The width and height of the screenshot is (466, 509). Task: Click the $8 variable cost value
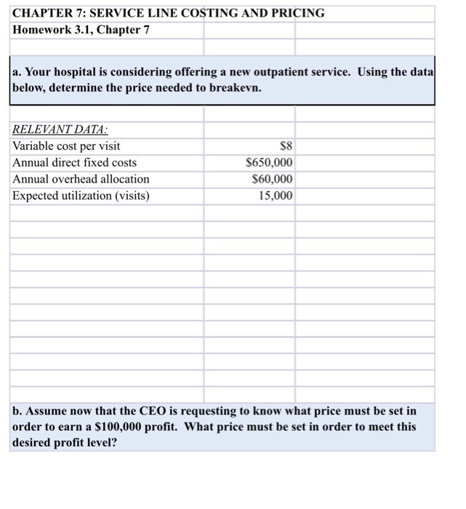pos(286,146)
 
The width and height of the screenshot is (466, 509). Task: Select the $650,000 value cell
pos(269,163)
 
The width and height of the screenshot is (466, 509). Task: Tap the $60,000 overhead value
pos(272,179)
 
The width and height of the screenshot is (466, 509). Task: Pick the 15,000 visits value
pos(276,196)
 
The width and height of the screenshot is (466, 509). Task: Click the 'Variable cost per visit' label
pos(67,146)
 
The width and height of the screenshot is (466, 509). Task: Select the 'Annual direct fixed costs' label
pos(75,163)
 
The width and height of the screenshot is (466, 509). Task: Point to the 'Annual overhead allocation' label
pos(81,179)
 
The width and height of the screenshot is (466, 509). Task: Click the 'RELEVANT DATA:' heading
pos(60,129)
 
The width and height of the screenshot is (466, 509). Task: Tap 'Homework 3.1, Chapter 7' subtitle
pos(81,30)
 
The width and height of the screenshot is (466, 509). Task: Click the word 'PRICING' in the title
pos(298,13)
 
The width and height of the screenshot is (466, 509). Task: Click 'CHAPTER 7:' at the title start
pos(45,13)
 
